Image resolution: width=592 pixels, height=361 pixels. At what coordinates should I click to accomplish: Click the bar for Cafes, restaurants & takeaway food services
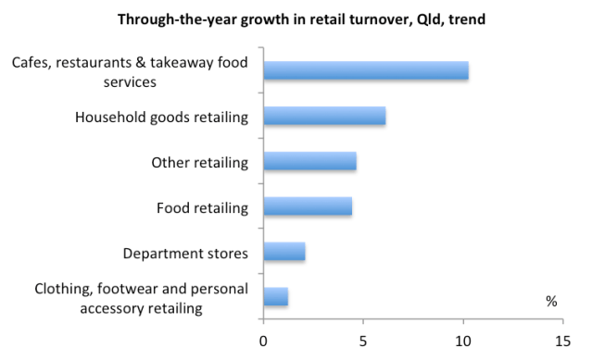365,71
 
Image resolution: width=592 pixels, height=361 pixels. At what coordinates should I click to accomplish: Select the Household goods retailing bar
324,117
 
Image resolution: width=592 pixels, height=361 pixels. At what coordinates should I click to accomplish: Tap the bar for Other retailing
309,162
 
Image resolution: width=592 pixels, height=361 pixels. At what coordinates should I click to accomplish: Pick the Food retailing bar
308,207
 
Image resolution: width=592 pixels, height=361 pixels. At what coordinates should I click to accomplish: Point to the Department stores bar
284,252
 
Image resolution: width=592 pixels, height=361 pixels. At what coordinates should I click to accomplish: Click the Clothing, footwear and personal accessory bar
276,297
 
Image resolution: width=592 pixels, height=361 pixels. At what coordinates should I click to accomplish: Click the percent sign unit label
552,302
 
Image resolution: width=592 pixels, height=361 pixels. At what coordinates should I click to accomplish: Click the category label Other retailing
200,163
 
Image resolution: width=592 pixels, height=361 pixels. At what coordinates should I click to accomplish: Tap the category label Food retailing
202,207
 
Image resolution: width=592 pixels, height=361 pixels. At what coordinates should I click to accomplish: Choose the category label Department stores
185,253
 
